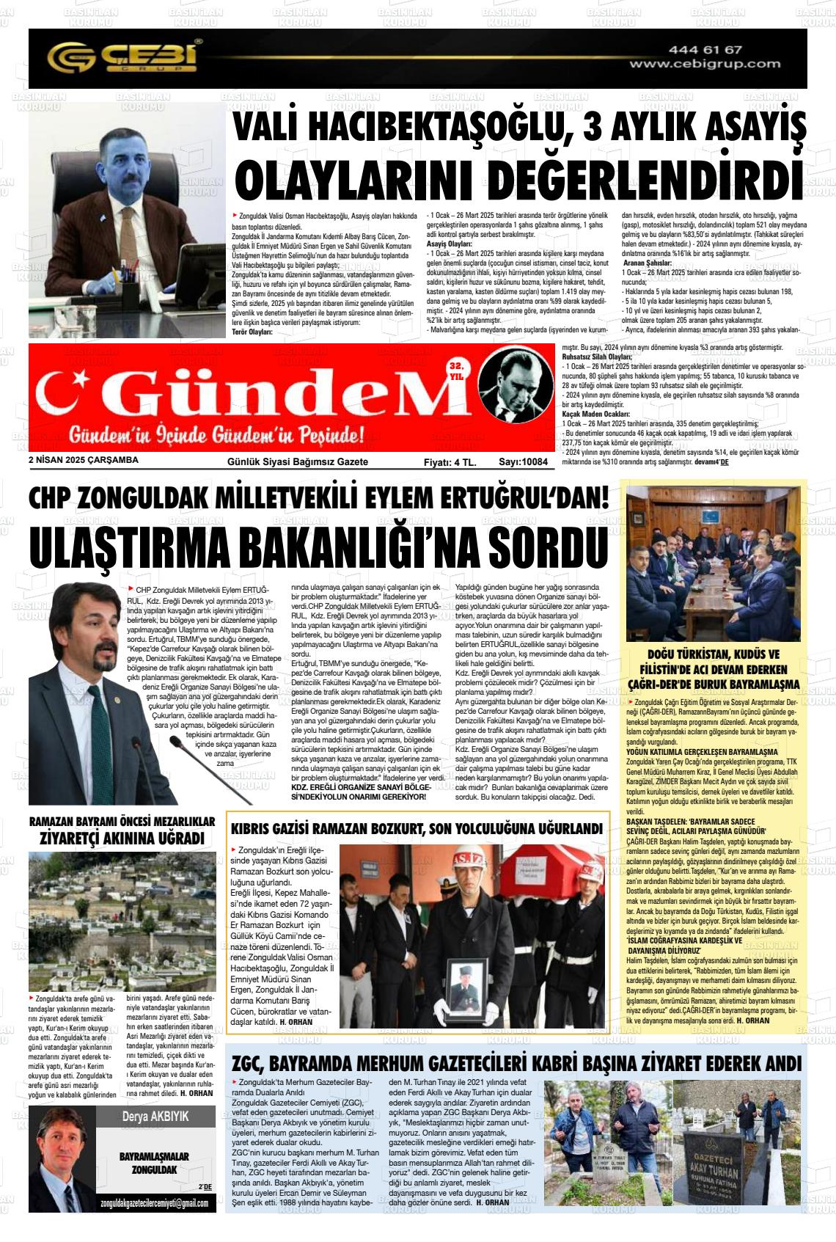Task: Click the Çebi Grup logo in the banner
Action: [x=124, y=56]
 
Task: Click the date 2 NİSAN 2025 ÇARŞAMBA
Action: [x=83, y=461]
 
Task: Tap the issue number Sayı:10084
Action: [x=524, y=462]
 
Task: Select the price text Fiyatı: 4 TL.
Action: [x=450, y=462]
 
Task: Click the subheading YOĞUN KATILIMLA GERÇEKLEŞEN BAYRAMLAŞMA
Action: [x=702, y=752]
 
